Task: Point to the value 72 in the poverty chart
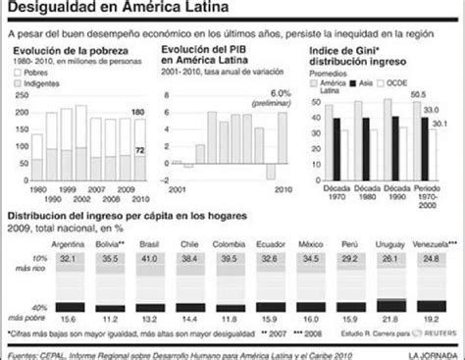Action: click(140, 147)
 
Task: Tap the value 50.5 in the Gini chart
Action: click(417, 94)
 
